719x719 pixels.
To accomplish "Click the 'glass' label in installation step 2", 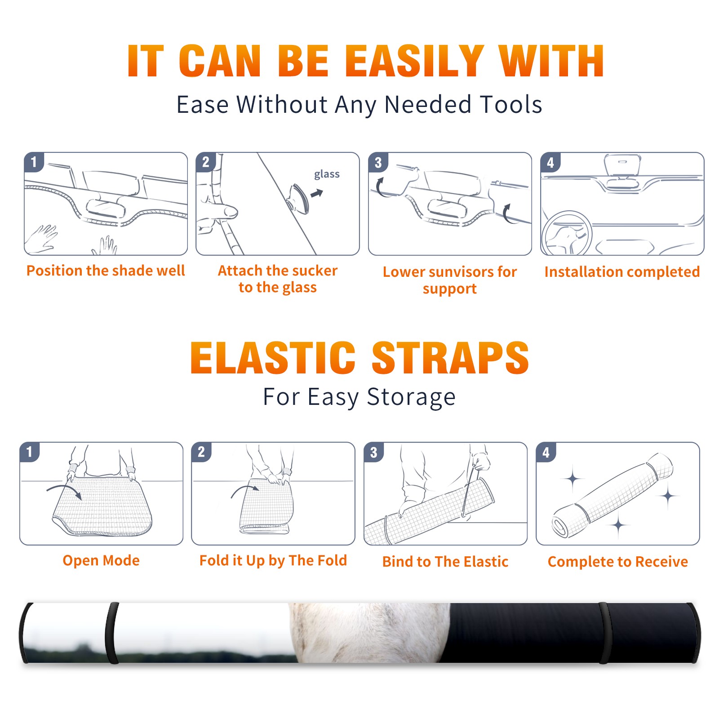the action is tap(327, 174).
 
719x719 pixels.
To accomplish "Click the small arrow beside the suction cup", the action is tap(317, 193).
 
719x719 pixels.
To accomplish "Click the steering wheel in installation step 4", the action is tap(567, 233).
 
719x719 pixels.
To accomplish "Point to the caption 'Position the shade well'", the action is tap(106, 271).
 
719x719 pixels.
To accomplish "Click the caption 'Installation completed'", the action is tap(622, 272).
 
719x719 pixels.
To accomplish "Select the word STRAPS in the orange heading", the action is tap(450, 358).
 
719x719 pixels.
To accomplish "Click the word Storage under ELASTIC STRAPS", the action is tap(411, 397).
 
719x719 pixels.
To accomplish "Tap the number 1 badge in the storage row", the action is tap(30, 452).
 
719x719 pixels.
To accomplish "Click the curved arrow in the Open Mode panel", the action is tap(65, 490).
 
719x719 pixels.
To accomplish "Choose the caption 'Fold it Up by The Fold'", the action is tap(273, 560).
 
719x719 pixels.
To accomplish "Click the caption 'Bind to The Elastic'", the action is tap(445, 562).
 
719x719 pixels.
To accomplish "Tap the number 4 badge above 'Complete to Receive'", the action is tap(546, 452).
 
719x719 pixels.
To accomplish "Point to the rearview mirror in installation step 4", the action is tap(622, 164).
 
